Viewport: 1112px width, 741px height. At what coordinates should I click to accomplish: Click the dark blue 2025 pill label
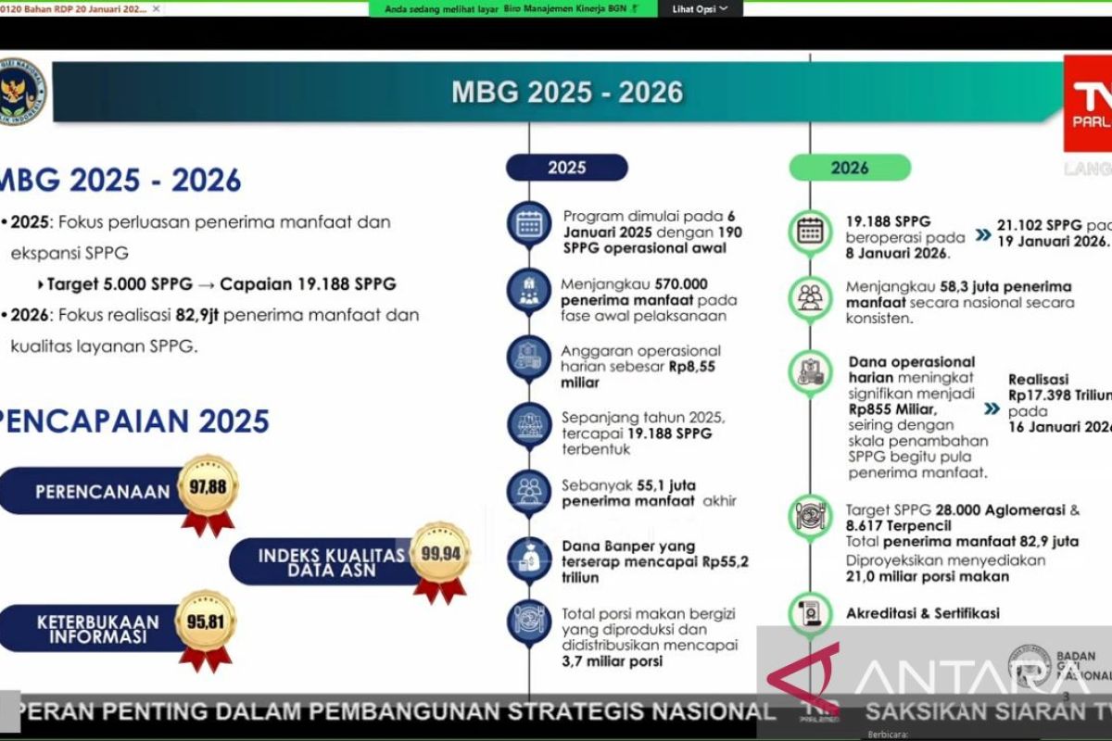[x=566, y=168]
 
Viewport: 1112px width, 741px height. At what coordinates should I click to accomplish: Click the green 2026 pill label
[x=850, y=168]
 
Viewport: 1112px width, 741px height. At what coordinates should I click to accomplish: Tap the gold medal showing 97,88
[x=208, y=486]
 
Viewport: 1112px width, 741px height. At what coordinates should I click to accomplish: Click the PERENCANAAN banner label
[x=102, y=492]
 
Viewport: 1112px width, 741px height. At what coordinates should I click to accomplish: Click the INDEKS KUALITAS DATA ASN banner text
[x=331, y=562]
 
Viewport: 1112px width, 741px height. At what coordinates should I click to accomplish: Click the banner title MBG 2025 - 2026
[x=567, y=92]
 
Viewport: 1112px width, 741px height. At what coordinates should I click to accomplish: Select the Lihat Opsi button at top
[x=700, y=8]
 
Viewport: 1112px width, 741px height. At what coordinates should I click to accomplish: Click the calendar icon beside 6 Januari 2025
[x=529, y=224]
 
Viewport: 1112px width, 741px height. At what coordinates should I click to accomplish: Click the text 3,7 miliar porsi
[x=613, y=661]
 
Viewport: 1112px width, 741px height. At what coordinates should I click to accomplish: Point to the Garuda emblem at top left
[x=21, y=92]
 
